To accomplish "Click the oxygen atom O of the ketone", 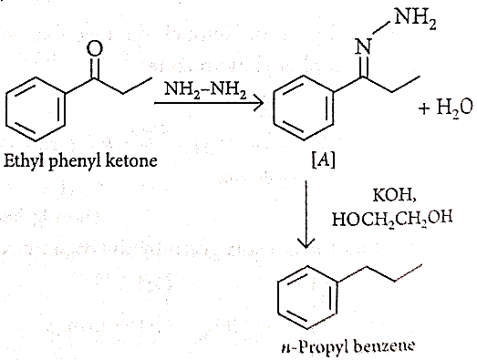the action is click(95, 48).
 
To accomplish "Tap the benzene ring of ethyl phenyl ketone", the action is click(6, 109).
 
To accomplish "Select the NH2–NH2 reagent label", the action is click(204, 90).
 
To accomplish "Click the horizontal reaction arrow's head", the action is click(258, 103).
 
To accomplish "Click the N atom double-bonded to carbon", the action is click(364, 47).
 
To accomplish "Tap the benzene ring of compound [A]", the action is click(274, 108).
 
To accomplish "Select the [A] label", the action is click(324, 159).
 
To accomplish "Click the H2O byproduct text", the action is click(455, 108).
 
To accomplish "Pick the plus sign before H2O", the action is click(425, 108).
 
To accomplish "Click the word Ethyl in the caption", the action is click(24, 161).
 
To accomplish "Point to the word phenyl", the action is click(75, 161).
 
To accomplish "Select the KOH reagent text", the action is click(394, 196).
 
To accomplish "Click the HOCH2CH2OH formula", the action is click(392, 219).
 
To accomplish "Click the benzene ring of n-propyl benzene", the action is click(278, 298).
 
